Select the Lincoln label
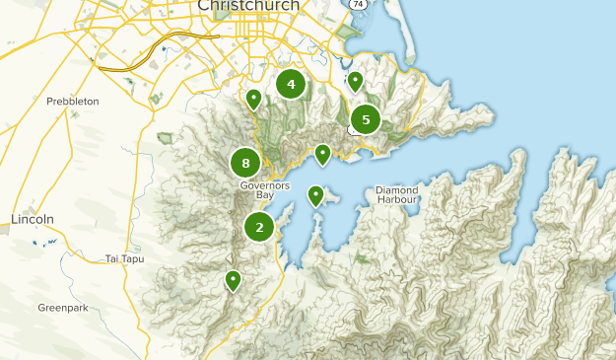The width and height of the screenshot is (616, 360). (32, 218)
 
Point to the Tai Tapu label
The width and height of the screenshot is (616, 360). (125, 259)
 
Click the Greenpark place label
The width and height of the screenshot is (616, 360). (63, 308)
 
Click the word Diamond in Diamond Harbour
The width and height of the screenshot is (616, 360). (396, 189)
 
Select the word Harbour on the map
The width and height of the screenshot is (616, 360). (396, 200)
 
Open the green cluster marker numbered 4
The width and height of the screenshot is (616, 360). (291, 85)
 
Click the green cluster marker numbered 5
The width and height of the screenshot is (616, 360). (366, 120)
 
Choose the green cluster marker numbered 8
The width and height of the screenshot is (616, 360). (245, 163)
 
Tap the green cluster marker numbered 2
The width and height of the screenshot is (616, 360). (259, 227)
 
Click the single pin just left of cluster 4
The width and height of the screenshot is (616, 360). (253, 99)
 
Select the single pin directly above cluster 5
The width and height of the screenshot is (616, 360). (355, 81)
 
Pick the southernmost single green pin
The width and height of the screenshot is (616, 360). (233, 280)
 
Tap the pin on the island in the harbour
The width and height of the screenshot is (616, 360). (315, 195)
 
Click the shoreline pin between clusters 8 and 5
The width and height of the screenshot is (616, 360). (322, 154)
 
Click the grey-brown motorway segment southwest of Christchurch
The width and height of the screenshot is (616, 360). (181, 38)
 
